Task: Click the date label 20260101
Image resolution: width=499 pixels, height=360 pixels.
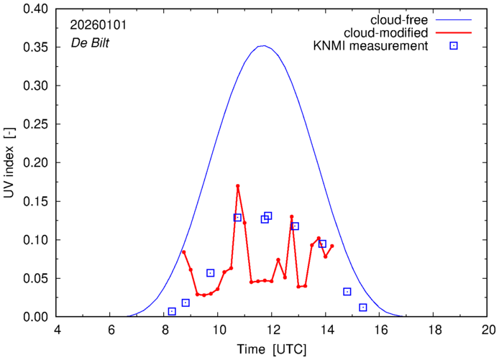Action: pyautogui.click(x=98, y=24)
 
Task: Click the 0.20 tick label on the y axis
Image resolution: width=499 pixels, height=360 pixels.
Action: pyautogui.click(x=35, y=163)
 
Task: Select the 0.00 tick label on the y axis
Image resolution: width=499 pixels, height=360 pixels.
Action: pyautogui.click(x=35, y=317)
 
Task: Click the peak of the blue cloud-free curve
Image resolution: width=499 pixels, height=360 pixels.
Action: pyautogui.click(x=264, y=46)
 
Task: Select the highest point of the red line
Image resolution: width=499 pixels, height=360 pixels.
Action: pyautogui.click(x=237, y=186)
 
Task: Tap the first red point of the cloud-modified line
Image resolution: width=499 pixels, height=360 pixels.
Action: pyautogui.click(x=183, y=251)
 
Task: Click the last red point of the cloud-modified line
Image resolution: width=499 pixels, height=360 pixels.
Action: pyautogui.click(x=331, y=246)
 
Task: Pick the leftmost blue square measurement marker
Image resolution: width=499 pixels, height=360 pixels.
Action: pyautogui.click(x=172, y=311)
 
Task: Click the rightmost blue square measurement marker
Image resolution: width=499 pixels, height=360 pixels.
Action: pyautogui.click(x=363, y=308)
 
